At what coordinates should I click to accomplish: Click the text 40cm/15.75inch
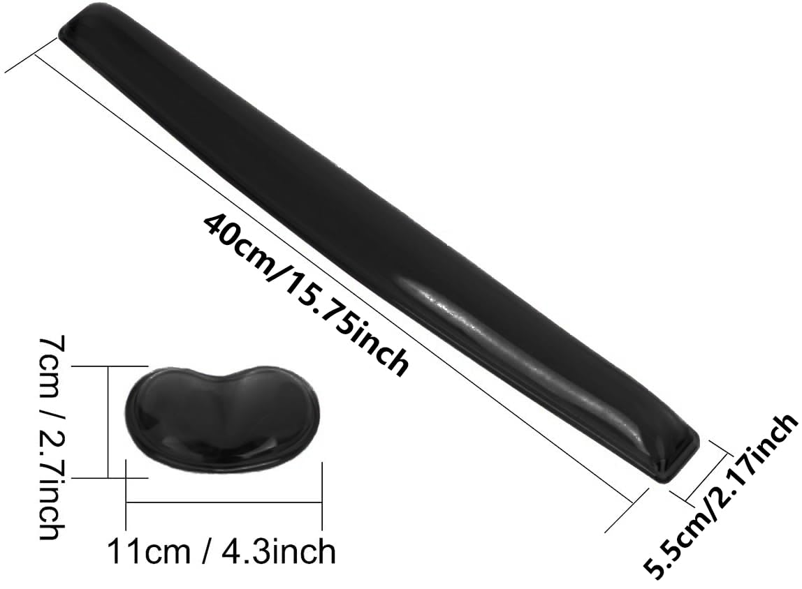(305, 293)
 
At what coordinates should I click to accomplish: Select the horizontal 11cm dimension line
(224, 500)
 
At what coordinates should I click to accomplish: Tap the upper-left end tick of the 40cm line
(31, 55)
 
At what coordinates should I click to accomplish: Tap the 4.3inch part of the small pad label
(279, 552)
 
